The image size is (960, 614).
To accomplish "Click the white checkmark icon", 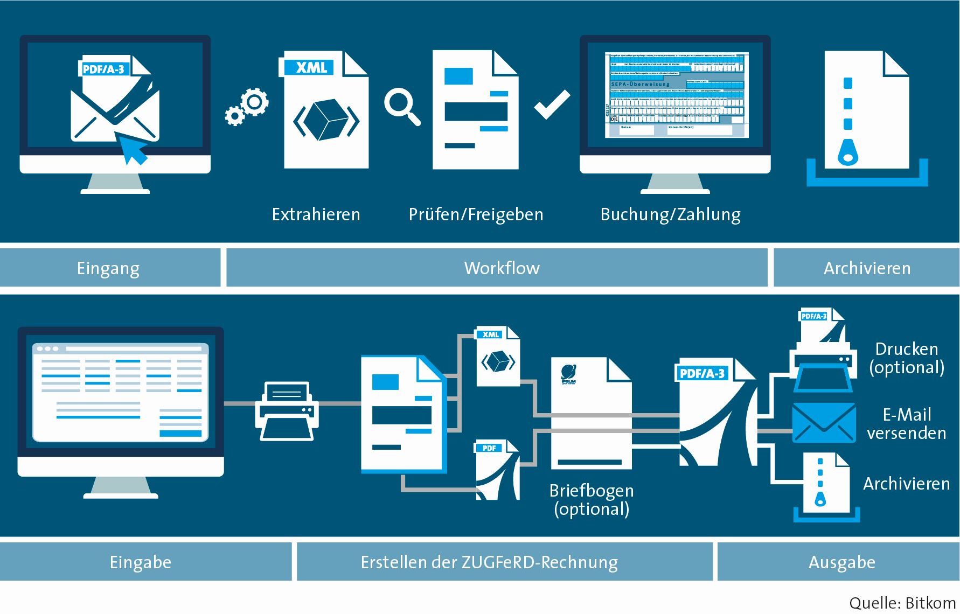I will coord(552,104).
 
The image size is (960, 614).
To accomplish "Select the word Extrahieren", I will coord(316,214).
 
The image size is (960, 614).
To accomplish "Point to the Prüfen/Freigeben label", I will coord(476,214).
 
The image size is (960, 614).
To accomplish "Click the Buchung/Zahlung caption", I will coord(670,214).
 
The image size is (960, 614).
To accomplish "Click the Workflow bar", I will coord(501,268).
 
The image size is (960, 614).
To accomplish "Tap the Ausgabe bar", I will coord(841,562).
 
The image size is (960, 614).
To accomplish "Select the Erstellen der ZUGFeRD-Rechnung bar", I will coord(489,562).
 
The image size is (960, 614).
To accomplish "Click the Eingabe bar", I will coord(141,562).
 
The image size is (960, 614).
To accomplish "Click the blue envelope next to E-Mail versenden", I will coord(823,423).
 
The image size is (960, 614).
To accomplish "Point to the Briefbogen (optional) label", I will coord(592,499).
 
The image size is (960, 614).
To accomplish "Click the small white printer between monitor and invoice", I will coord(287,411).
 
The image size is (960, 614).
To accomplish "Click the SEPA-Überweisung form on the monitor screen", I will coord(676,95).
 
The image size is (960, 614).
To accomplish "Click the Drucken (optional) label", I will coord(906,358).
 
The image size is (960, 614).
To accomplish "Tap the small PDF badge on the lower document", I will coord(489,448).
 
